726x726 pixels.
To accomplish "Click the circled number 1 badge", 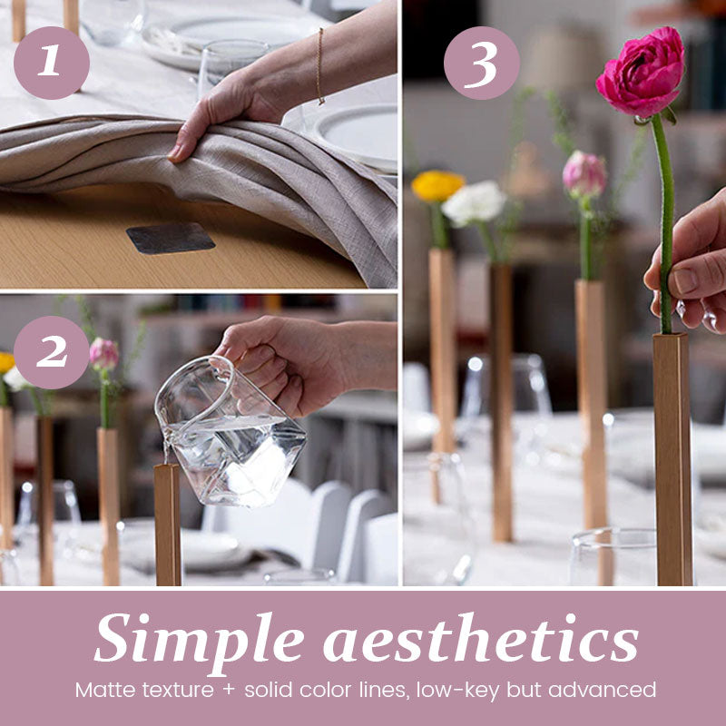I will click(x=52, y=63).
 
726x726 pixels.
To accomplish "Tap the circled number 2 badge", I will click(x=52, y=352).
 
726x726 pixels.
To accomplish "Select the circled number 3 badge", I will click(x=482, y=63).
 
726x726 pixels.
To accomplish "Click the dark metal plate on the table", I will click(x=171, y=238).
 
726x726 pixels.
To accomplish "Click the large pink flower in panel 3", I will click(x=642, y=74).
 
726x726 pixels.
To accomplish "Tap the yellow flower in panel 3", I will click(x=437, y=185).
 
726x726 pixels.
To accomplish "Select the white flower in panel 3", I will click(x=473, y=203).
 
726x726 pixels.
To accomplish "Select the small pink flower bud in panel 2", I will click(x=103, y=354).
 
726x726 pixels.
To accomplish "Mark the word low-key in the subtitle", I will click(x=450, y=690).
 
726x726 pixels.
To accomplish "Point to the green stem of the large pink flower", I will click(x=664, y=218).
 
